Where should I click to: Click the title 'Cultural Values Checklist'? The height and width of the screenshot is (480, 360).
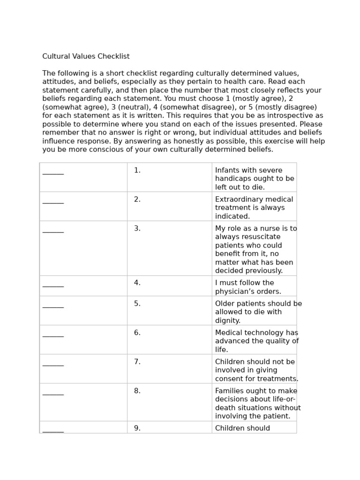[x=86, y=57]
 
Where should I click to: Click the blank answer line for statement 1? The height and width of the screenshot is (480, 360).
[x=53, y=173]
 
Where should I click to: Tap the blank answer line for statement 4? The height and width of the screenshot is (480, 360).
[x=53, y=286]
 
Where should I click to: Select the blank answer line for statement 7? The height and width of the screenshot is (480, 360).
[x=53, y=365]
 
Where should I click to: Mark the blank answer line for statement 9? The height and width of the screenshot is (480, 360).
[x=53, y=431]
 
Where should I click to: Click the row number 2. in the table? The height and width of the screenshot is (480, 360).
[x=137, y=200]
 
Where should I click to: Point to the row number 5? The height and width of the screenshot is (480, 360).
[x=137, y=304]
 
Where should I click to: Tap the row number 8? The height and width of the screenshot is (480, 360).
[x=137, y=391]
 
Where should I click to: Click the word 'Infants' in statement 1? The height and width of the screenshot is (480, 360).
[x=229, y=171]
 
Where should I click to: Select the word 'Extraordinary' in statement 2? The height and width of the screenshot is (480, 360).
[x=239, y=200]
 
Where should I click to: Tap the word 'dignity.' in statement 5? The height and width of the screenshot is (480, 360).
[x=228, y=321]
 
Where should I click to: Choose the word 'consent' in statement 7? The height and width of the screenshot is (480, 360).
[x=230, y=379]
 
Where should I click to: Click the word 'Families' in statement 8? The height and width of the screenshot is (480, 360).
[x=230, y=391]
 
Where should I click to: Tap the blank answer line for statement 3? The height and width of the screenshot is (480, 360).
[x=53, y=232]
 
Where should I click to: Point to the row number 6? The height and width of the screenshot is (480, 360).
[x=137, y=333]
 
